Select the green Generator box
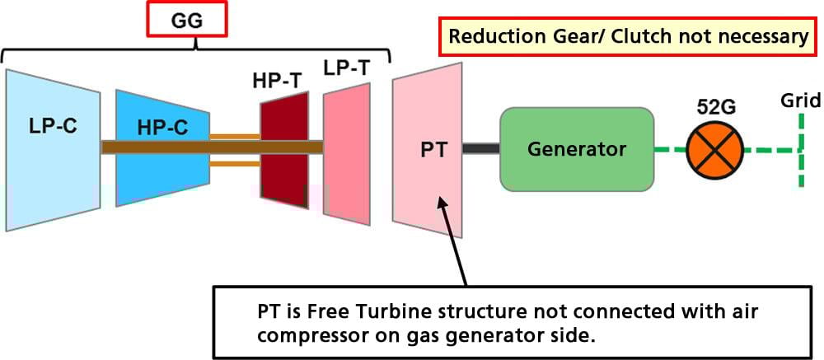tap(577, 149)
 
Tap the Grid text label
tap(801, 101)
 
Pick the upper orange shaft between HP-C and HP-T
tap(235, 135)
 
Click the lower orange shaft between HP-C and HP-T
tap(235, 162)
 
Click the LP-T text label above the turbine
tap(345, 70)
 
